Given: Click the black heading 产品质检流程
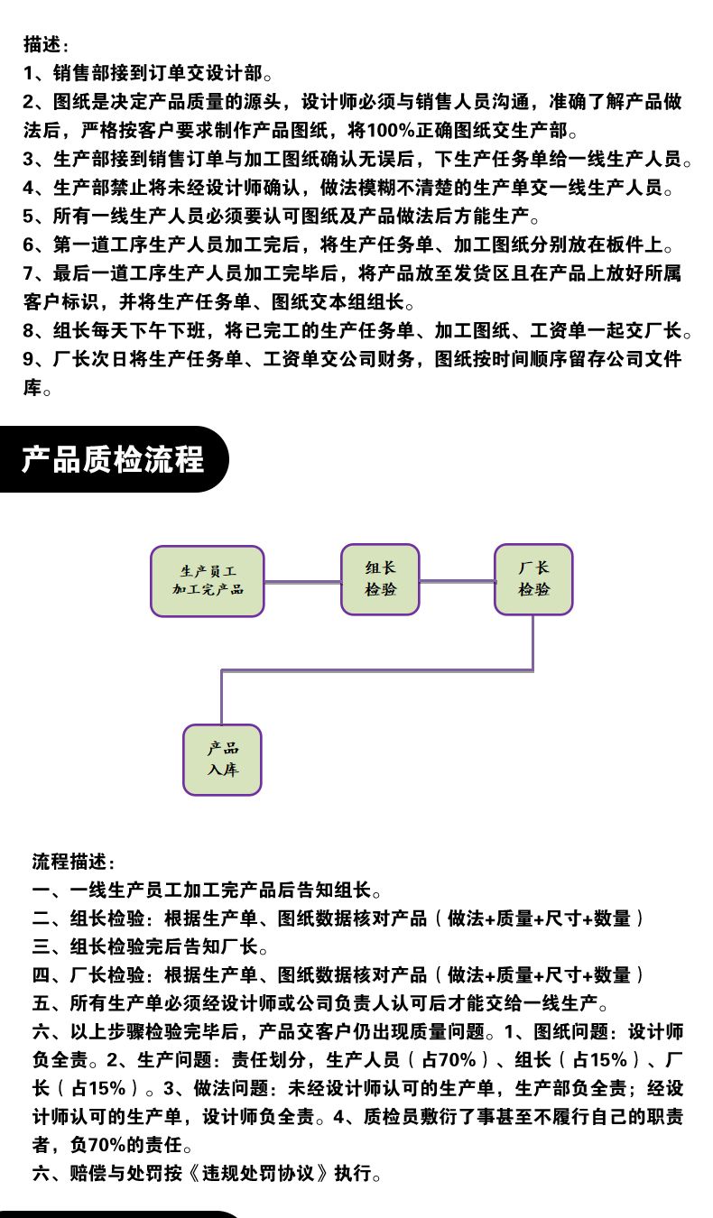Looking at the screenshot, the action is point(112,459).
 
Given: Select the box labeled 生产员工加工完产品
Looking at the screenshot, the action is point(208,581).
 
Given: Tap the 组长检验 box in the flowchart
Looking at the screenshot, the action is point(380,579).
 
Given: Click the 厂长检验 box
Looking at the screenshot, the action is point(533,579).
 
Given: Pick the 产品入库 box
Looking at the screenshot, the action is point(222,760).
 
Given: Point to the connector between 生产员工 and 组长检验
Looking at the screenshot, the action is point(302,582).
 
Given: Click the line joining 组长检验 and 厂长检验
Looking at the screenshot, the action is point(457,581).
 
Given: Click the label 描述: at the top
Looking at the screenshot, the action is point(46,44).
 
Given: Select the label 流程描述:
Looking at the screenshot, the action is point(73,862).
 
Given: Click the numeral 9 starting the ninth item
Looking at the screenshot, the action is point(28,359).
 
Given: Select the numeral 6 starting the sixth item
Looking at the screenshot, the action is point(28,245).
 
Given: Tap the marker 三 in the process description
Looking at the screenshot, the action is point(42,946).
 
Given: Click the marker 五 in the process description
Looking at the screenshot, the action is point(42,1003).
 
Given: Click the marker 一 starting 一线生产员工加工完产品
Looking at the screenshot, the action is point(42,890).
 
